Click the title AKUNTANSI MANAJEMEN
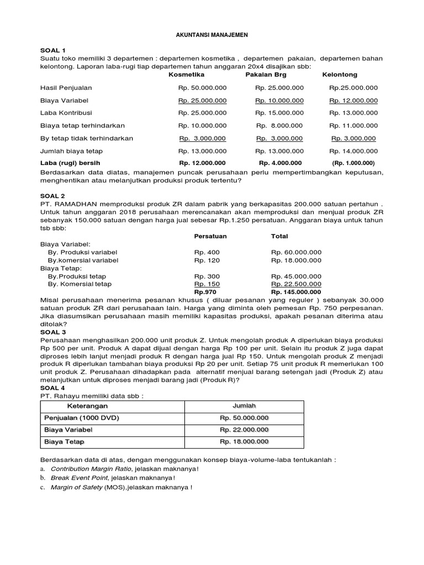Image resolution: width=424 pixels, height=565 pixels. (212, 35)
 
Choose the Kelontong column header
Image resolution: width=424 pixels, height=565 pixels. (340, 74)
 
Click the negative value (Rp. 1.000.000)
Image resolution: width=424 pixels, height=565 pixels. (353, 163)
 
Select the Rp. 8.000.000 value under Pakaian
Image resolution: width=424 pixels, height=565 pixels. (279, 126)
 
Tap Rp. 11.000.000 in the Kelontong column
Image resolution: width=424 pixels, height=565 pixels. (354, 126)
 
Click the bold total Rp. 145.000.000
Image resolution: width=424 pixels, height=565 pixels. (296, 292)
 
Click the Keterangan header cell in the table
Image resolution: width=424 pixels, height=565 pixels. (83, 406)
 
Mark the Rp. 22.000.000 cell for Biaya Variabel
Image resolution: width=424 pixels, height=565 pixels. (244, 430)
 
